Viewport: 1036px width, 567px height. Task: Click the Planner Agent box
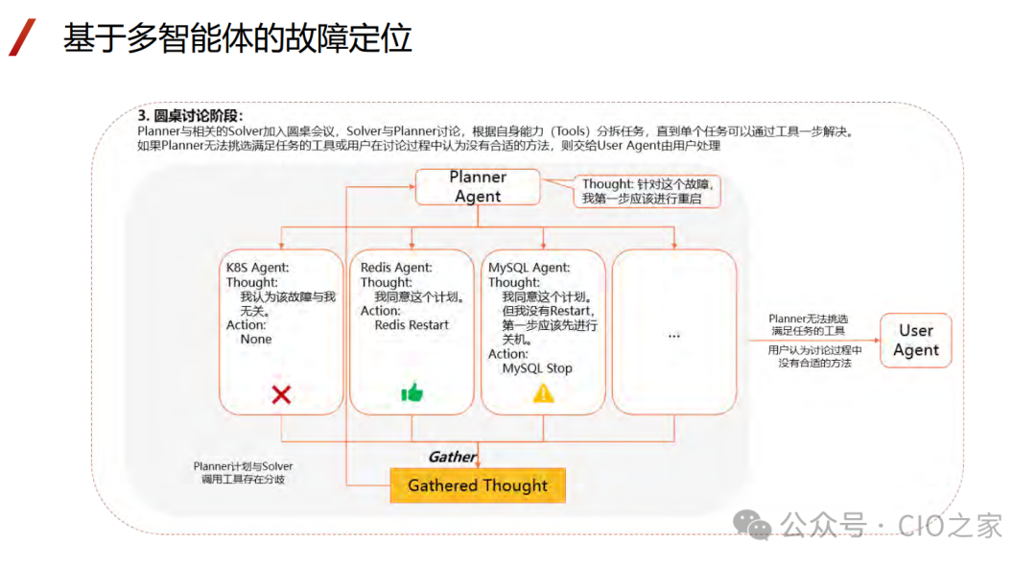[478, 187]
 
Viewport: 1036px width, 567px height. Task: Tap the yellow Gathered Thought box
[478, 485]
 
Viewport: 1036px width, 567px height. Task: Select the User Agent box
[915, 341]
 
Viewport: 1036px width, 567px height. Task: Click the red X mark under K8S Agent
[281, 393]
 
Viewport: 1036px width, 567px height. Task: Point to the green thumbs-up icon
[412, 392]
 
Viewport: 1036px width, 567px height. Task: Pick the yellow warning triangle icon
[544, 392]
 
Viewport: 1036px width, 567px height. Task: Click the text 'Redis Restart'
[412, 325]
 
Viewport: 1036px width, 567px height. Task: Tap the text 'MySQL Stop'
[537, 368]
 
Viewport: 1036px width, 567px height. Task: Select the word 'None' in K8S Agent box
[256, 340]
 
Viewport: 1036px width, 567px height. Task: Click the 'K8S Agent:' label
[258, 268]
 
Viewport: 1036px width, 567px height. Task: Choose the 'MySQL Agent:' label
[529, 268]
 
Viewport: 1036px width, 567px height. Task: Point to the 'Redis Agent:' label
[396, 268]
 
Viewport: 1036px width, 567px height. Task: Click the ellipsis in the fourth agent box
[673, 334]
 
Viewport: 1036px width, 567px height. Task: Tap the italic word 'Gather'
[452, 457]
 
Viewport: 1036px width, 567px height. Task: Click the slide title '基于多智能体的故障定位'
[238, 37]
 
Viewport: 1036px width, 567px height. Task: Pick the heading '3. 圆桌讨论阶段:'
[191, 115]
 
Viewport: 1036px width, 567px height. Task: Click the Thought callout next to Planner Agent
[648, 191]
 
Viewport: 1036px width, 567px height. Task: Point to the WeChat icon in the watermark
[752, 525]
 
